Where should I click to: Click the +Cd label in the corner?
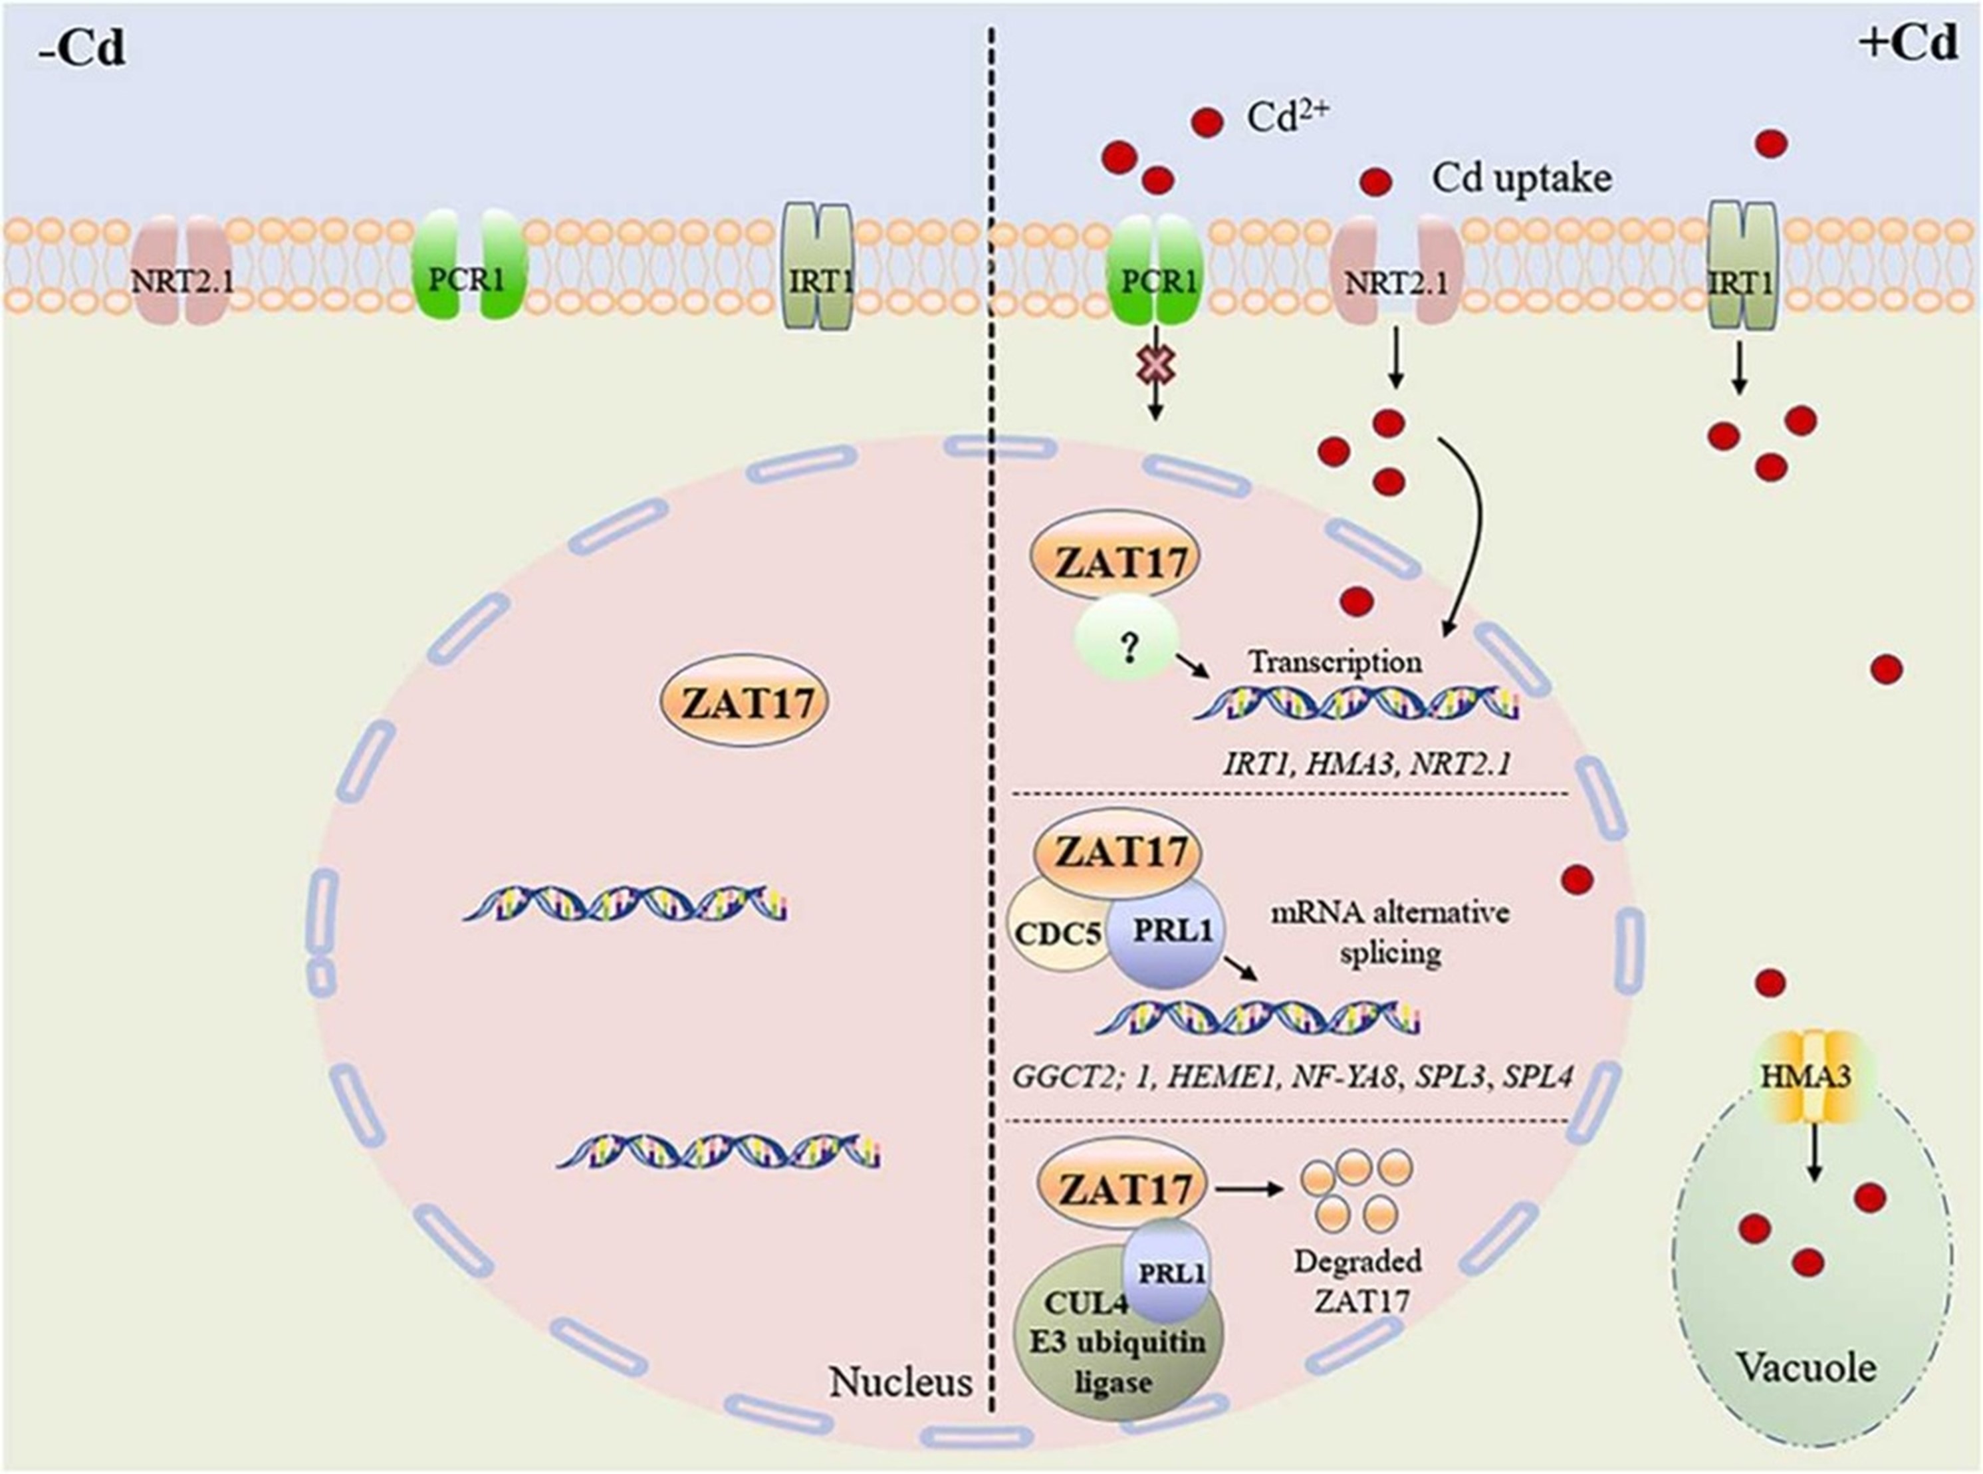tap(1910, 43)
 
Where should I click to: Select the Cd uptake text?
tap(1522, 178)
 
